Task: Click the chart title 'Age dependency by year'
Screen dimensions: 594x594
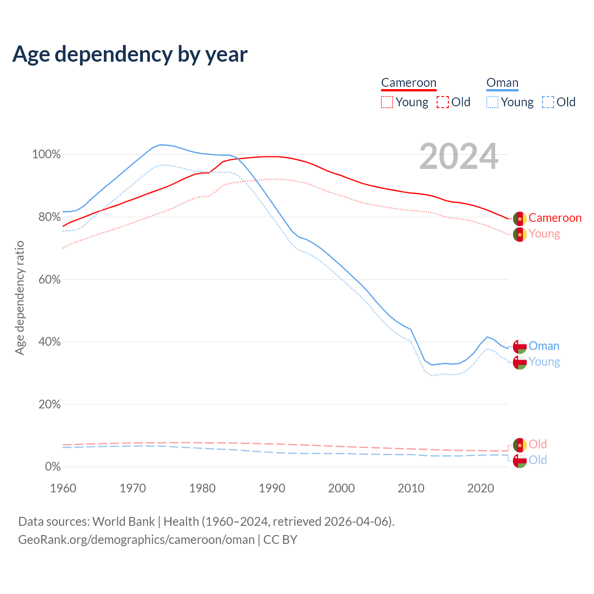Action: (130, 54)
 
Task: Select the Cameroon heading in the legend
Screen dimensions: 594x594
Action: (409, 83)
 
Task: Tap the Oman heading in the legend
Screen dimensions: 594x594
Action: (502, 83)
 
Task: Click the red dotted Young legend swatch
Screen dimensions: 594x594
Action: (387, 102)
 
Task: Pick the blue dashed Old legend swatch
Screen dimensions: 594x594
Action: (548, 102)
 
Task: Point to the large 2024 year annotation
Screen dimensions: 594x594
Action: (458, 157)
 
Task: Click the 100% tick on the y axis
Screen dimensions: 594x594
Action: (46, 155)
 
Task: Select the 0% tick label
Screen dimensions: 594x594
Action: (52, 466)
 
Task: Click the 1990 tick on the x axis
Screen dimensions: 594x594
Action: (272, 488)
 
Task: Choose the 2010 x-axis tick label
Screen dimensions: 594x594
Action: (411, 488)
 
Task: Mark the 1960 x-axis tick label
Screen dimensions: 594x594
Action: (63, 488)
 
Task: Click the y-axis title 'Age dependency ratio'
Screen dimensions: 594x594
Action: (19, 297)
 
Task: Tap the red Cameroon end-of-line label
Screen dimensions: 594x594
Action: (555, 218)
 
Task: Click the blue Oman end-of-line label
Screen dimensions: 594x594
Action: (544, 346)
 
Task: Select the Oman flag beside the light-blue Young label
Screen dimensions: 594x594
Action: (520, 362)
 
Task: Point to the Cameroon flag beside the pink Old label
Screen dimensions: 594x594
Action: (520, 445)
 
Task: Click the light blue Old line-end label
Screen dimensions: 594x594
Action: (537, 460)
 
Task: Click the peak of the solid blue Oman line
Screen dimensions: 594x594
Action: (161, 145)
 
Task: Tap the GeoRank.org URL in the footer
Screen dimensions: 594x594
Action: (136, 540)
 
